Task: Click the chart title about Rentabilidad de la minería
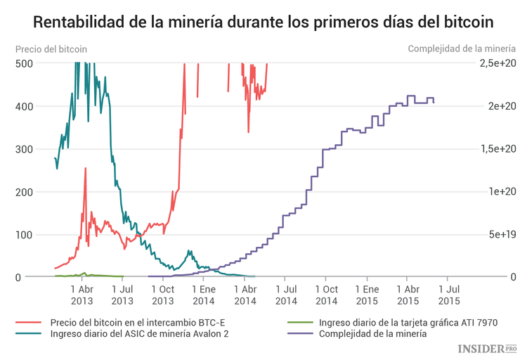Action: pyautogui.click(x=263, y=22)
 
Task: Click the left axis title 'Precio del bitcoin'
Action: pyautogui.click(x=51, y=49)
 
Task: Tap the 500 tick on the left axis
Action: pyautogui.click(x=25, y=63)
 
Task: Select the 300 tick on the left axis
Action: pyautogui.click(x=25, y=149)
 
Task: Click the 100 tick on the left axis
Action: pyautogui.click(x=25, y=235)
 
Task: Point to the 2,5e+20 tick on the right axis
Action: pyautogui.click(x=499, y=63)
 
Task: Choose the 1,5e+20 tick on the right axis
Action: pyautogui.click(x=499, y=149)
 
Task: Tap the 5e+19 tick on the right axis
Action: pyautogui.click(x=502, y=235)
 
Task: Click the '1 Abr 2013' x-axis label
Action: pyautogui.click(x=82, y=295)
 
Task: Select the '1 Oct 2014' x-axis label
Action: pyautogui.click(x=327, y=295)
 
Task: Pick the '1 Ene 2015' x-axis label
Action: pyautogui.click(x=367, y=295)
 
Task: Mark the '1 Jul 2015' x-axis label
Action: pyautogui.click(x=450, y=295)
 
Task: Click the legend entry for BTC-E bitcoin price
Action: pyautogui.click(x=138, y=322)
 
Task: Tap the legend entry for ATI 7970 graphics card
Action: pyautogui.click(x=408, y=322)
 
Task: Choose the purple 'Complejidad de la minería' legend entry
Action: pyautogui.click(x=372, y=334)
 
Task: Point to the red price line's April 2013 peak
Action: pyautogui.click(x=86, y=169)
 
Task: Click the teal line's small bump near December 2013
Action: pyautogui.click(x=189, y=250)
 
